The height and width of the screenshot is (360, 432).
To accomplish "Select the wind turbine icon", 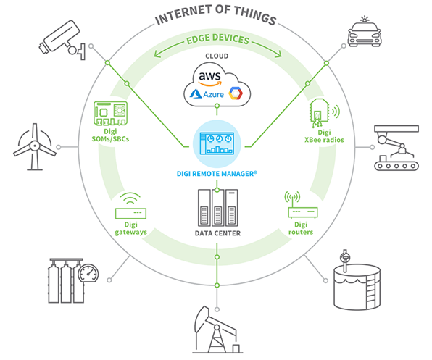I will point(32,148).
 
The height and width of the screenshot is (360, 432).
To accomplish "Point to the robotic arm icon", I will point(394,148).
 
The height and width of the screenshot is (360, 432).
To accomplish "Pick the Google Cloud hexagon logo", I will point(234,93).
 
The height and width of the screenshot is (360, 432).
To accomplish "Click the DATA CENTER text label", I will point(216,233).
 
